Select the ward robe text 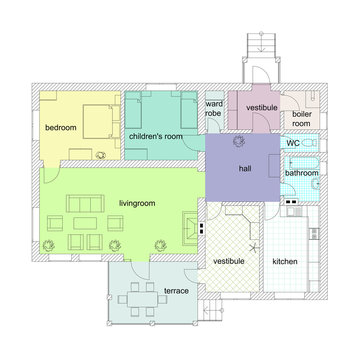[x=213, y=108]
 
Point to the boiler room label [x=301, y=118]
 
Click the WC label [x=293, y=143]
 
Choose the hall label [x=244, y=169]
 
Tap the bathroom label [x=302, y=173]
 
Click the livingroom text [x=136, y=203]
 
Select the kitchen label [x=285, y=261]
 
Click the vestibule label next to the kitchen [x=229, y=261]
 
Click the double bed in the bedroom [x=96, y=119]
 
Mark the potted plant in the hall [x=238, y=142]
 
